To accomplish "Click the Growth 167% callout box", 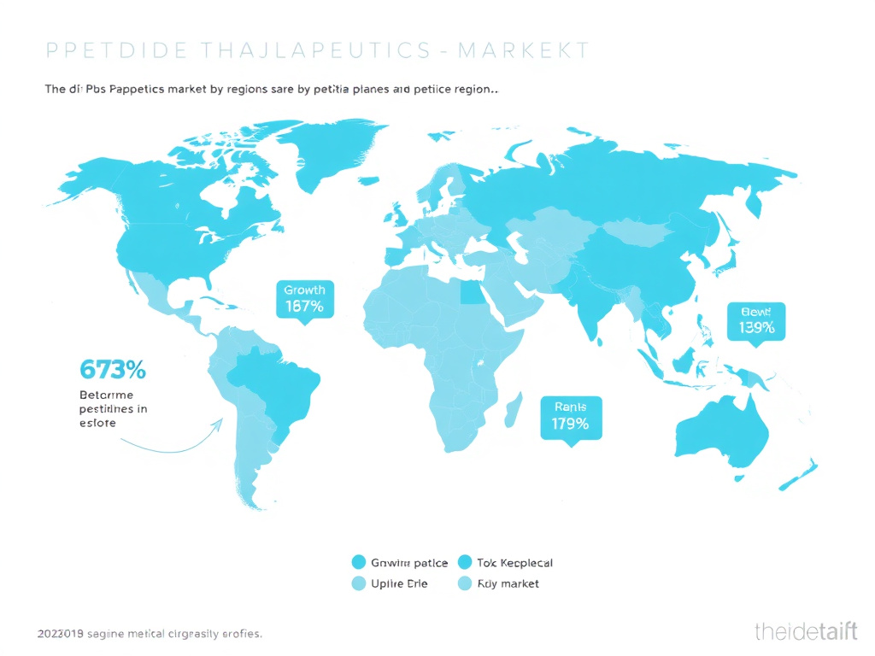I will [304, 298].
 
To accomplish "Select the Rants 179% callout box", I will [571, 416].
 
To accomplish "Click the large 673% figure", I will [112, 370].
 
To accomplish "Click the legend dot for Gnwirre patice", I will [359, 562].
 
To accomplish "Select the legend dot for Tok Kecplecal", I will [465, 562].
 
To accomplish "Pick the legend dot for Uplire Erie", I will [359, 584].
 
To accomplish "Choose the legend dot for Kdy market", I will [465, 584].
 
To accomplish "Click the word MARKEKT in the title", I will [523, 50].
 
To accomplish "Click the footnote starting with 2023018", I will [150, 634].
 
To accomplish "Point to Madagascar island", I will [514, 409].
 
